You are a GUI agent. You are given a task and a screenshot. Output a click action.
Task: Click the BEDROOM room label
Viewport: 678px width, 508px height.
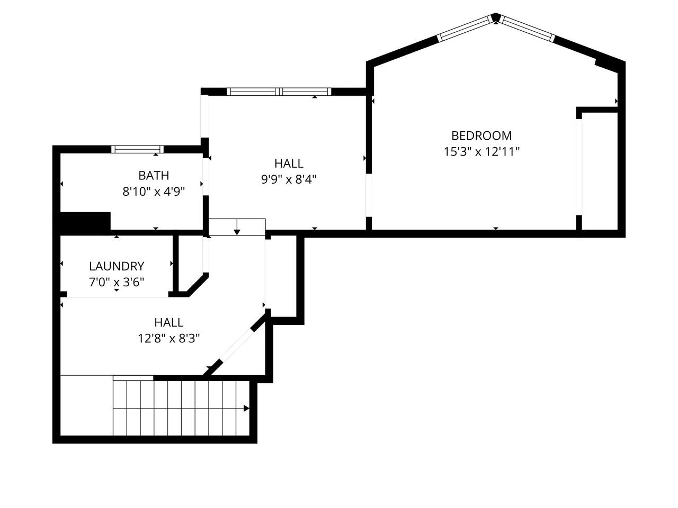[x=481, y=135]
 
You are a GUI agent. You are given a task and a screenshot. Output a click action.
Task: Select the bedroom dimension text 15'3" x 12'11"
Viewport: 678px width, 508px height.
[x=481, y=152]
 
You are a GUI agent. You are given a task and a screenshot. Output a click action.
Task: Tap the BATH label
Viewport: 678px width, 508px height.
[x=154, y=176]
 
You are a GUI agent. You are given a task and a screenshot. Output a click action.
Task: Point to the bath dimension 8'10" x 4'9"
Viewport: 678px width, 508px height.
[x=154, y=192]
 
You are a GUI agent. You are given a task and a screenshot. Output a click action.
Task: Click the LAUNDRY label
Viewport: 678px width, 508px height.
[x=117, y=266]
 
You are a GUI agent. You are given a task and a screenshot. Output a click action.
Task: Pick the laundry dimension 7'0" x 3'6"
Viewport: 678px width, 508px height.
[x=117, y=282]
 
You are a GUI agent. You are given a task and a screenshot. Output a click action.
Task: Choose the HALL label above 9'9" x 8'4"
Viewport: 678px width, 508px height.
[x=289, y=164]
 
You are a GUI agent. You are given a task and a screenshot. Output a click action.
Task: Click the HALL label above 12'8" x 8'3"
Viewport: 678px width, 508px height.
[x=169, y=323]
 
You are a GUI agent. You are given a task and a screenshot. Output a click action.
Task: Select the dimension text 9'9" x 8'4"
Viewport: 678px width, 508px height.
[x=289, y=179]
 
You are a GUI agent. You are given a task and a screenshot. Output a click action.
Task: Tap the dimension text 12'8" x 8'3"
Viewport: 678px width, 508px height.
[x=169, y=339]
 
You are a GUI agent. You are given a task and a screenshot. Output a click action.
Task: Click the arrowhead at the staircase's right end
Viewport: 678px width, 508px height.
[x=246, y=409]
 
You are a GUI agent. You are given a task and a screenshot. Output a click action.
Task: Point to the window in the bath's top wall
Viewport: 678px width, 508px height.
[x=137, y=149]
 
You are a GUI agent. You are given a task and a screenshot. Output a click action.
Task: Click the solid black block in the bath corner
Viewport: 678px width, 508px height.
[x=85, y=221]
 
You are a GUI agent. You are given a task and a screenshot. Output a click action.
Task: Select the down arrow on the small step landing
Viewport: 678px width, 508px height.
[x=237, y=227]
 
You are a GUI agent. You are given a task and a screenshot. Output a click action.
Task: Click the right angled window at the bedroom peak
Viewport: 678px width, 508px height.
[x=527, y=29]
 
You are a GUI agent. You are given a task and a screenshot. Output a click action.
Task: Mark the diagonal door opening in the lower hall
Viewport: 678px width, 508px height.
[x=237, y=346]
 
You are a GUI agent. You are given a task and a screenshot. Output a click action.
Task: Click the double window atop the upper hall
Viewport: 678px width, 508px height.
[x=279, y=92]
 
